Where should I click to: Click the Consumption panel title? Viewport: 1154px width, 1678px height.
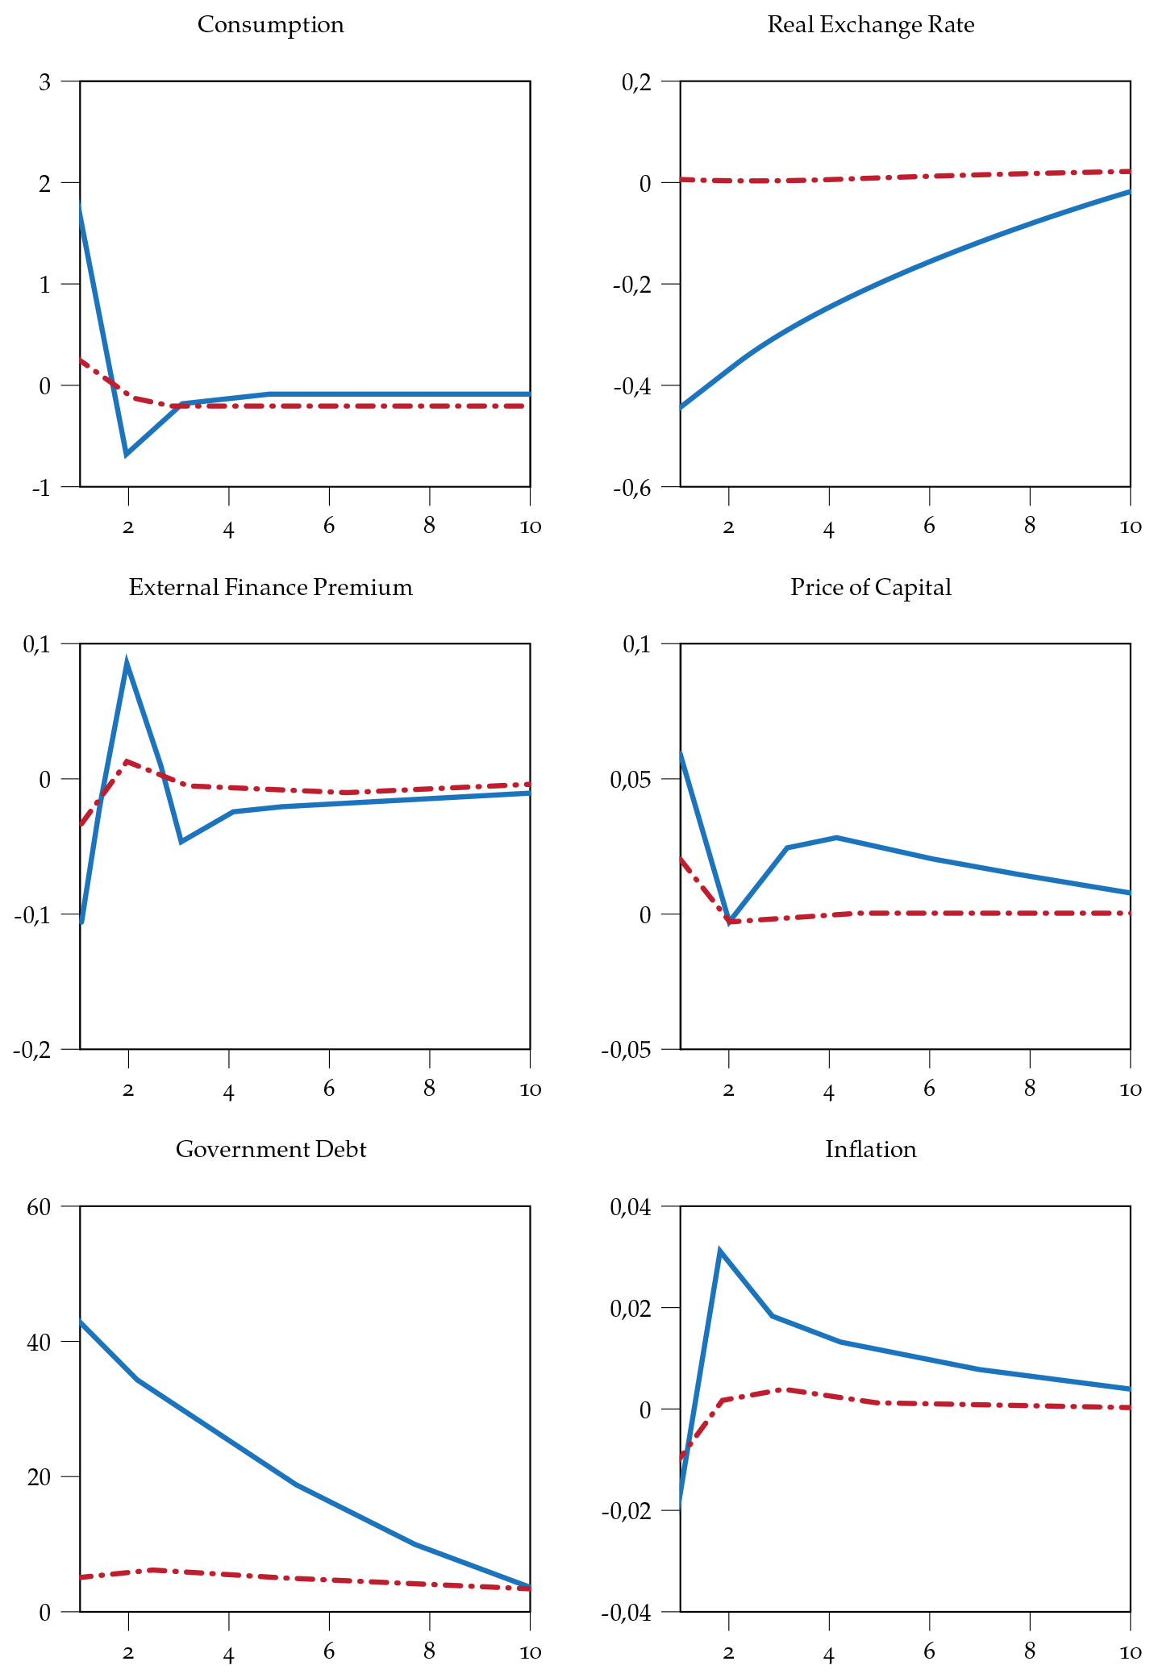270,25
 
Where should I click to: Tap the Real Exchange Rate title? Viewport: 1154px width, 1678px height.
870,25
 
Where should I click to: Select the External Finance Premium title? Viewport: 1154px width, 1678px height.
270,587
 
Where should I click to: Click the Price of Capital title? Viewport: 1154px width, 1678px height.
870,587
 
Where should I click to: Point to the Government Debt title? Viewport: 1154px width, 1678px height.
270,1149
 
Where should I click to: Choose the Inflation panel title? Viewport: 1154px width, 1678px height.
870,1149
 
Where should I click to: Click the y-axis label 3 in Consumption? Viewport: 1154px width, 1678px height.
44,82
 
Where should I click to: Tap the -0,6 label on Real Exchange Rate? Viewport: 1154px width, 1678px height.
632,488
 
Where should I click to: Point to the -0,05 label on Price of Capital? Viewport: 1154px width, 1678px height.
625,1050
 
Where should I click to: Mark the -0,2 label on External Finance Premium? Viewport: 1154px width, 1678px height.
32,1050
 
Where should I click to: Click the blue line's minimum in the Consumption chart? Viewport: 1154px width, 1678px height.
127,455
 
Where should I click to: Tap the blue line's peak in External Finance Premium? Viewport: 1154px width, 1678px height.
127,663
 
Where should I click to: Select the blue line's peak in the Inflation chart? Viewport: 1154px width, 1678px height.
719,1251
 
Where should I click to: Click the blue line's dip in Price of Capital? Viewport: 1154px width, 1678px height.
729,922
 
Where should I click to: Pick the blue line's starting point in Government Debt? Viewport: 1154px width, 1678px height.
81,1322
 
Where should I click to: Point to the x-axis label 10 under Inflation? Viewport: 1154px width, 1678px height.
1131,1652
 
